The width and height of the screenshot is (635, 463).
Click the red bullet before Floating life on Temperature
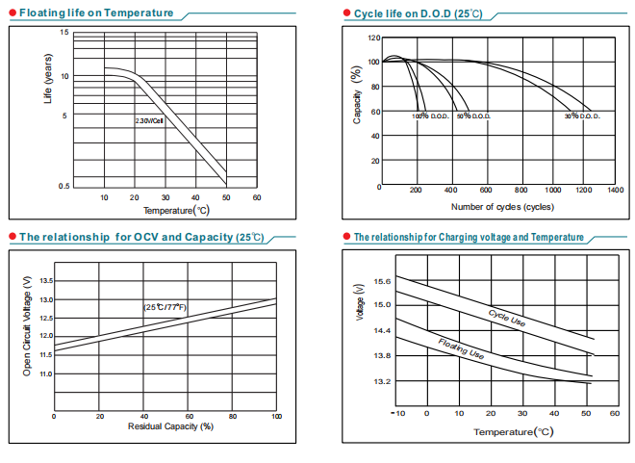click(x=12, y=13)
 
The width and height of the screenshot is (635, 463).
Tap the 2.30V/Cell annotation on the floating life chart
click(x=149, y=121)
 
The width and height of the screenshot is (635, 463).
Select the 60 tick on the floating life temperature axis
click(x=257, y=197)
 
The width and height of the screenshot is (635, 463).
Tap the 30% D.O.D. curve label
click(x=582, y=116)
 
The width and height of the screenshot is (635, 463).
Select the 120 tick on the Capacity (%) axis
click(x=373, y=39)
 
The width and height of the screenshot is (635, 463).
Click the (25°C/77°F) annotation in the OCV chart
click(x=165, y=307)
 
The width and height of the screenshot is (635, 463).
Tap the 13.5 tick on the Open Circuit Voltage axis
click(x=46, y=281)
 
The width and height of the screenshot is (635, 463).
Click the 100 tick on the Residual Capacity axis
click(x=276, y=416)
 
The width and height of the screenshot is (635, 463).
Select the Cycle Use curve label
click(x=507, y=320)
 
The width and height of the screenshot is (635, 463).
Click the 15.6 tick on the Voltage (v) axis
click(x=382, y=281)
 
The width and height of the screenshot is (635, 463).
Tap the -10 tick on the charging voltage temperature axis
click(x=398, y=413)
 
